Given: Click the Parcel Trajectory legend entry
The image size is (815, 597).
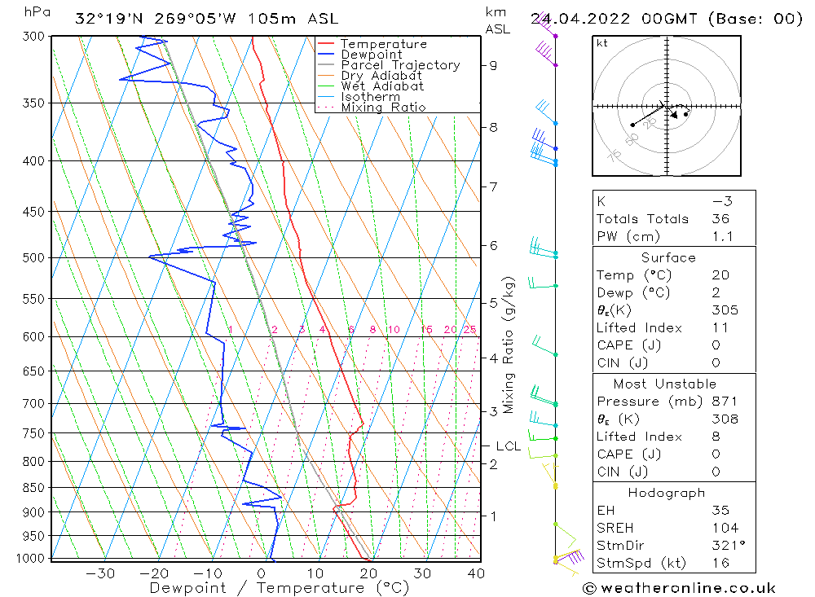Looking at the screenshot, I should (x=400, y=65).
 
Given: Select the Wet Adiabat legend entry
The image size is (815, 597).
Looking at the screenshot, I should (x=382, y=86).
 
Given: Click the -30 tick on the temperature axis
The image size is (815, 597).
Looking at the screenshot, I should (x=100, y=573).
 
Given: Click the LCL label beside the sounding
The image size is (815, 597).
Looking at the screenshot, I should (x=508, y=446).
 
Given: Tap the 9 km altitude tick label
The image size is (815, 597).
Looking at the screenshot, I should (x=494, y=65).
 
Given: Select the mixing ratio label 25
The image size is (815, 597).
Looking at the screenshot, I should (x=469, y=330).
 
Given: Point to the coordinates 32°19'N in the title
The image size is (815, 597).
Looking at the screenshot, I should (x=106, y=19).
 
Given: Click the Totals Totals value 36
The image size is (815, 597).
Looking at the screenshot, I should (x=720, y=219).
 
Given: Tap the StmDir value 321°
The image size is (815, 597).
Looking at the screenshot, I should (x=724, y=546).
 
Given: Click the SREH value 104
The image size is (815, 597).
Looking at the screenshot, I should (x=724, y=528).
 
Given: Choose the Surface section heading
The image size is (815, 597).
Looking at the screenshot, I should (x=668, y=257).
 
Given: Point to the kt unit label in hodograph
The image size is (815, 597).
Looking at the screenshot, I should (x=601, y=43).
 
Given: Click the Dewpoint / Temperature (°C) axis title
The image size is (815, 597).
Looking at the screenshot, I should (x=279, y=587).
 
